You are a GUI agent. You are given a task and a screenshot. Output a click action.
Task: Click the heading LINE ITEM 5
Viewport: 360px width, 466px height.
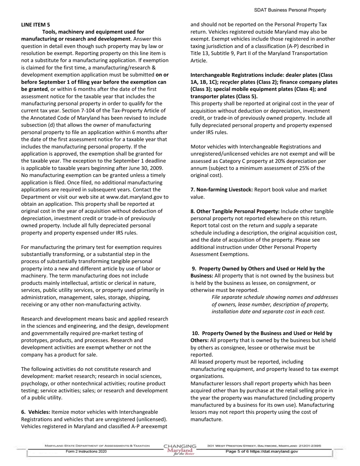[x=35, y=25]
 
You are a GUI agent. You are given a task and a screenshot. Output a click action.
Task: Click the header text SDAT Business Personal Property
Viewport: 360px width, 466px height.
[x=290, y=10]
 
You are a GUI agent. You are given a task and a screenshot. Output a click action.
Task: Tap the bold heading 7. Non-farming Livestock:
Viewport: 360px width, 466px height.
[x=222, y=189]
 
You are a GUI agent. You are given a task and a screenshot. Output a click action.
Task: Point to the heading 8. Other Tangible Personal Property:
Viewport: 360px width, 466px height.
[x=235, y=211]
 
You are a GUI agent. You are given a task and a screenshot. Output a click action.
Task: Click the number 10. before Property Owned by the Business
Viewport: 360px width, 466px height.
[x=196, y=333]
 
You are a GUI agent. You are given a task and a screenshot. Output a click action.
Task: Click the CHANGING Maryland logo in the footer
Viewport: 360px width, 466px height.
[x=180, y=450]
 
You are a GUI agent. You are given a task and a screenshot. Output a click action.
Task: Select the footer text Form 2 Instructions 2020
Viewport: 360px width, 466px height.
[x=86, y=452]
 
